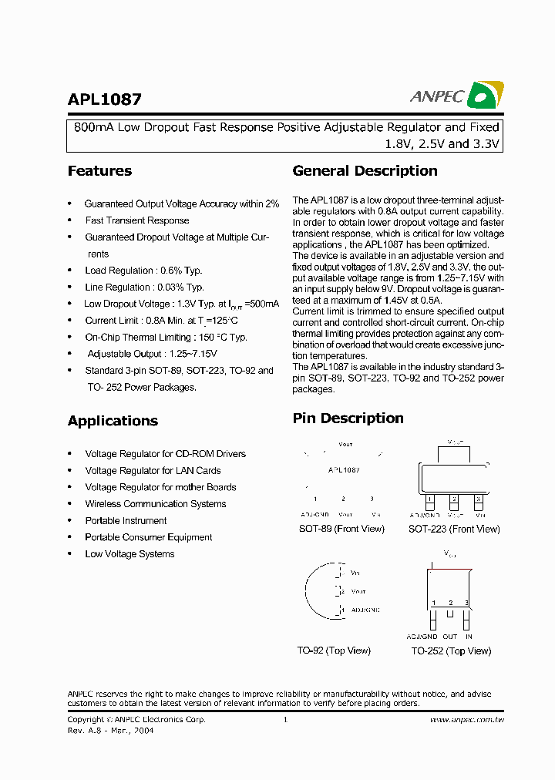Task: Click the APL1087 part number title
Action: pos(105,99)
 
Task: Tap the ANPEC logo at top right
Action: pos(456,96)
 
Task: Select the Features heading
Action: pos(99,171)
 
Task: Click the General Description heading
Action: pos(365,171)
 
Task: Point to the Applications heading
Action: pos(113,421)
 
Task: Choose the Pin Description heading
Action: pos(348,419)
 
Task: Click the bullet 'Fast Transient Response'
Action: pos(136,220)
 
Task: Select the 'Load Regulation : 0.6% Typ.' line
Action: pos(143,271)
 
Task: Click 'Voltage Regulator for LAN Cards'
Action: pos(153,471)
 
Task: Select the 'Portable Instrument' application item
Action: pos(126,521)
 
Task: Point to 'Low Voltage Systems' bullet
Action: pos(129,554)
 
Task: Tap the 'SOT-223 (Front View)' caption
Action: pos(454,530)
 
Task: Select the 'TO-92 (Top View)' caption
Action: pos(334,651)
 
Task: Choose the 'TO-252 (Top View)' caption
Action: pos(451,651)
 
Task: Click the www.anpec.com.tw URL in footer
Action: pos(466,720)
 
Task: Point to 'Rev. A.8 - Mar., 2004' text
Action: pos(110,731)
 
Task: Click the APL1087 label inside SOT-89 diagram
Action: pos(344,469)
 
